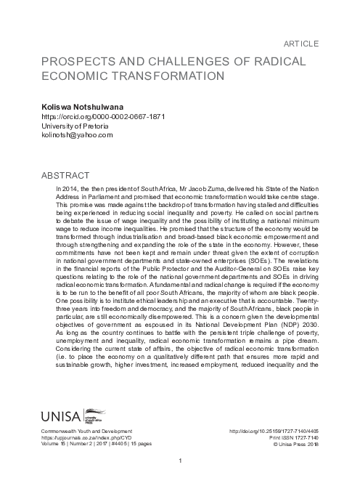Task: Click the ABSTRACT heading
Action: (x=66, y=176)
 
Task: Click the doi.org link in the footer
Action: (x=272, y=431)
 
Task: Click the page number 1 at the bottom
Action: (x=180, y=461)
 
